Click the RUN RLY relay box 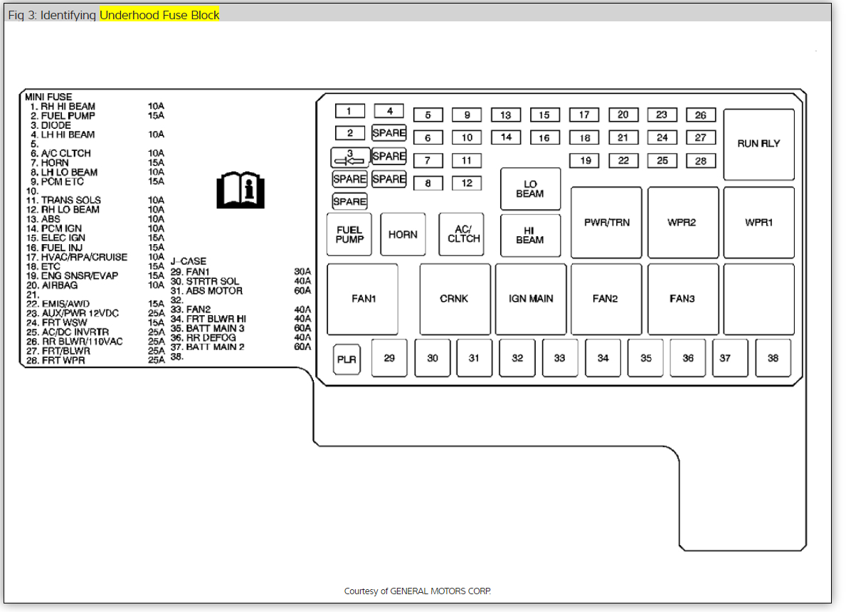click(758, 144)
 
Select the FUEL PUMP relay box click(349, 234)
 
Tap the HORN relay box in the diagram click(403, 234)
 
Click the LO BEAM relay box click(530, 189)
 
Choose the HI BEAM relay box click(530, 236)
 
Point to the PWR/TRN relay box click(606, 223)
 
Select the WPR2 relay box click(682, 223)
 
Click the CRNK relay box click(455, 299)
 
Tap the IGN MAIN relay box click(531, 299)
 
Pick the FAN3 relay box click(682, 299)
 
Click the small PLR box click(346, 359)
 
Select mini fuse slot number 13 click(506, 115)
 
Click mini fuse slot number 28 click(701, 161)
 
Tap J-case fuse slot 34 click(603, 358)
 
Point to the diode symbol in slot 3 click(349, 157)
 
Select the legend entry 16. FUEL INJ click(62, 248)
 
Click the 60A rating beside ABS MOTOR click(302, 290)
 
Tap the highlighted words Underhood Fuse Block click(159, 14)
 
